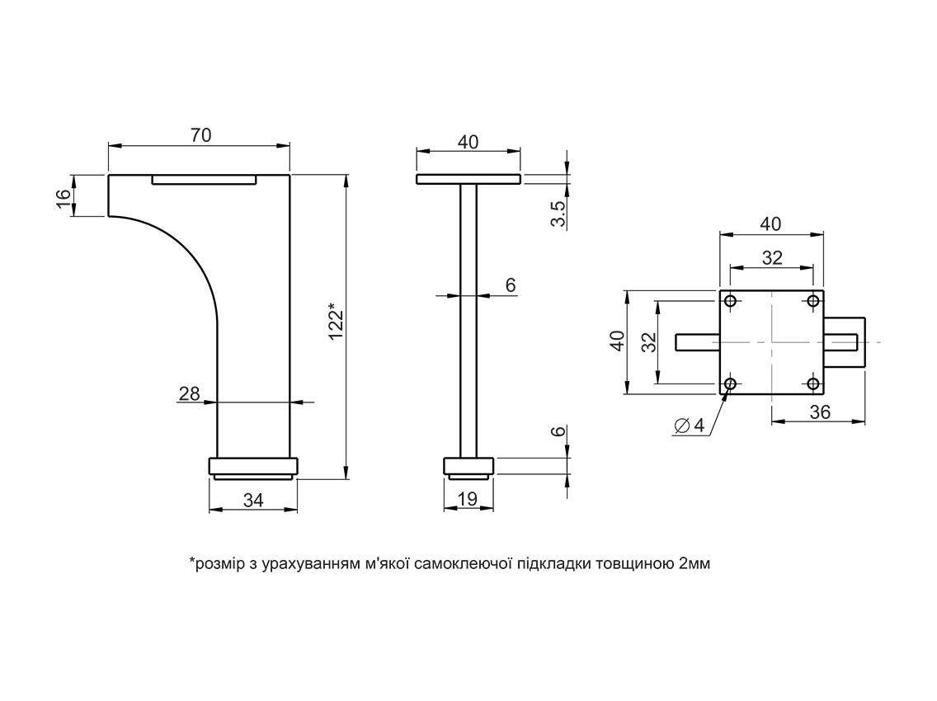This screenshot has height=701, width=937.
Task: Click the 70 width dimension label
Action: [x=200, y=135]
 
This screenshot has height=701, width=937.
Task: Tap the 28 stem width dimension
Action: [x=189, y=393]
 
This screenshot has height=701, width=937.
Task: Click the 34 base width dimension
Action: [x=253, y=501]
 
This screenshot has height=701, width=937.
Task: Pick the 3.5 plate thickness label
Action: [x=558, y=214]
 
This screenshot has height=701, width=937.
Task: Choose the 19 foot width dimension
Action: [x=468, y=499]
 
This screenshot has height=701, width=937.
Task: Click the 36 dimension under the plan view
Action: [x=820, y=412]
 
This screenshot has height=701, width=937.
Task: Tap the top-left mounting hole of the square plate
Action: [x=730, y=300]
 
